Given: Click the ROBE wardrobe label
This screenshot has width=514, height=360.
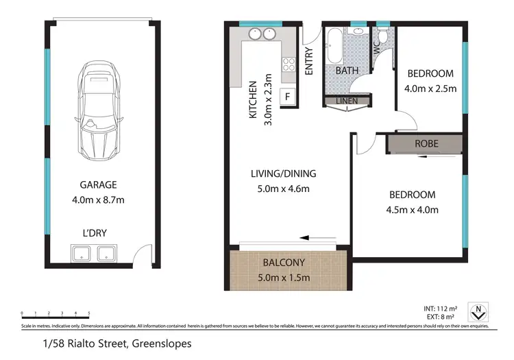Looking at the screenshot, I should point(426,144).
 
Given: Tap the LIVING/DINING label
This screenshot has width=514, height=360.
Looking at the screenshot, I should point(282,173).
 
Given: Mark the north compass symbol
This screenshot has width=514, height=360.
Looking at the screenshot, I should point(477,313).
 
